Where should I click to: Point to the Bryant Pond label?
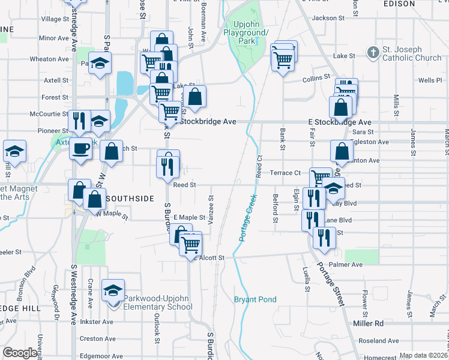tap(255, 299)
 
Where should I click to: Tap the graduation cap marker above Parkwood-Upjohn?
tap(113, 291)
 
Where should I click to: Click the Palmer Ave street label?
tap(349, 265)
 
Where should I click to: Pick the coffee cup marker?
tap(80, 148)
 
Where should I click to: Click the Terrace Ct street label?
tap(285, 173)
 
